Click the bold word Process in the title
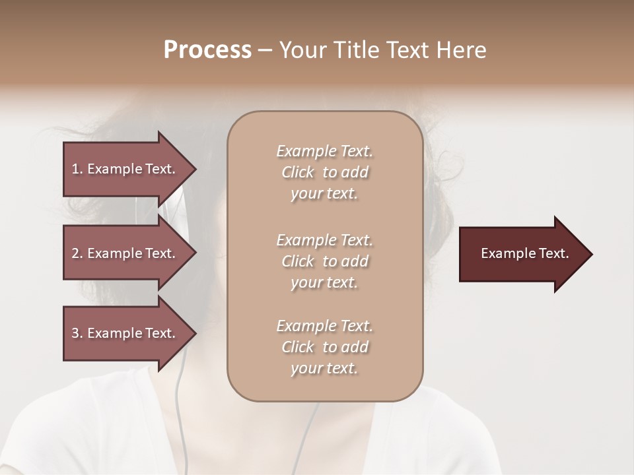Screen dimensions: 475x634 coord(207,50)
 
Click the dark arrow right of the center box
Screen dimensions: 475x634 coord(522,254)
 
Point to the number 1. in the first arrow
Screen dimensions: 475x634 coord(77,170)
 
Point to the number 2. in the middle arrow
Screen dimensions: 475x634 coord(77,254)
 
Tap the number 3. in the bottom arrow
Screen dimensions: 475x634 coord(77,334)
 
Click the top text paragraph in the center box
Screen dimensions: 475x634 coord(324,172)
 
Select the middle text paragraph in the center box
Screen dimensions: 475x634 coord(324,261)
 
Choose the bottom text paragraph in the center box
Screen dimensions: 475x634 coord(324,347)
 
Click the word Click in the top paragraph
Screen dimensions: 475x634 coord(298,172)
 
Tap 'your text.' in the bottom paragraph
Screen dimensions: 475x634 coord(324,369)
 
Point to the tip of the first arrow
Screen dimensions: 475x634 coord(195,169)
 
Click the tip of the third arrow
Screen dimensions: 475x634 coord(195,333)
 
